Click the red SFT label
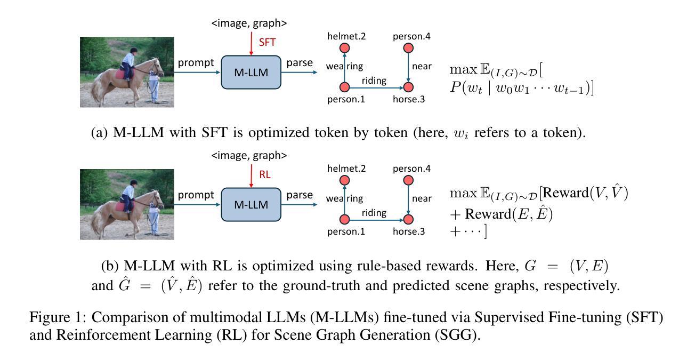[267, 42]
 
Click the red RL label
[265, 174]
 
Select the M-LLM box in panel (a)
[251, 73]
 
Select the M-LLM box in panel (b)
[251, 204]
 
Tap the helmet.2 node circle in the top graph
[344, 48]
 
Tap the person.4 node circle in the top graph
[408, 48]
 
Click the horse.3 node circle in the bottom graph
[408, 219]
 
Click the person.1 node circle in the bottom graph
[344, 219]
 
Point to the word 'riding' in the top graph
[374, 81]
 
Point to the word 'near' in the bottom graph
[422, 198]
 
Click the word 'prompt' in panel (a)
[196, 63]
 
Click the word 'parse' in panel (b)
[300, 195]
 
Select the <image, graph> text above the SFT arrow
[249, 23]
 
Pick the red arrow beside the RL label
[252, 176]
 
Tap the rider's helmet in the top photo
[134, 50]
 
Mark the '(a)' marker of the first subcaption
[99, 132]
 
